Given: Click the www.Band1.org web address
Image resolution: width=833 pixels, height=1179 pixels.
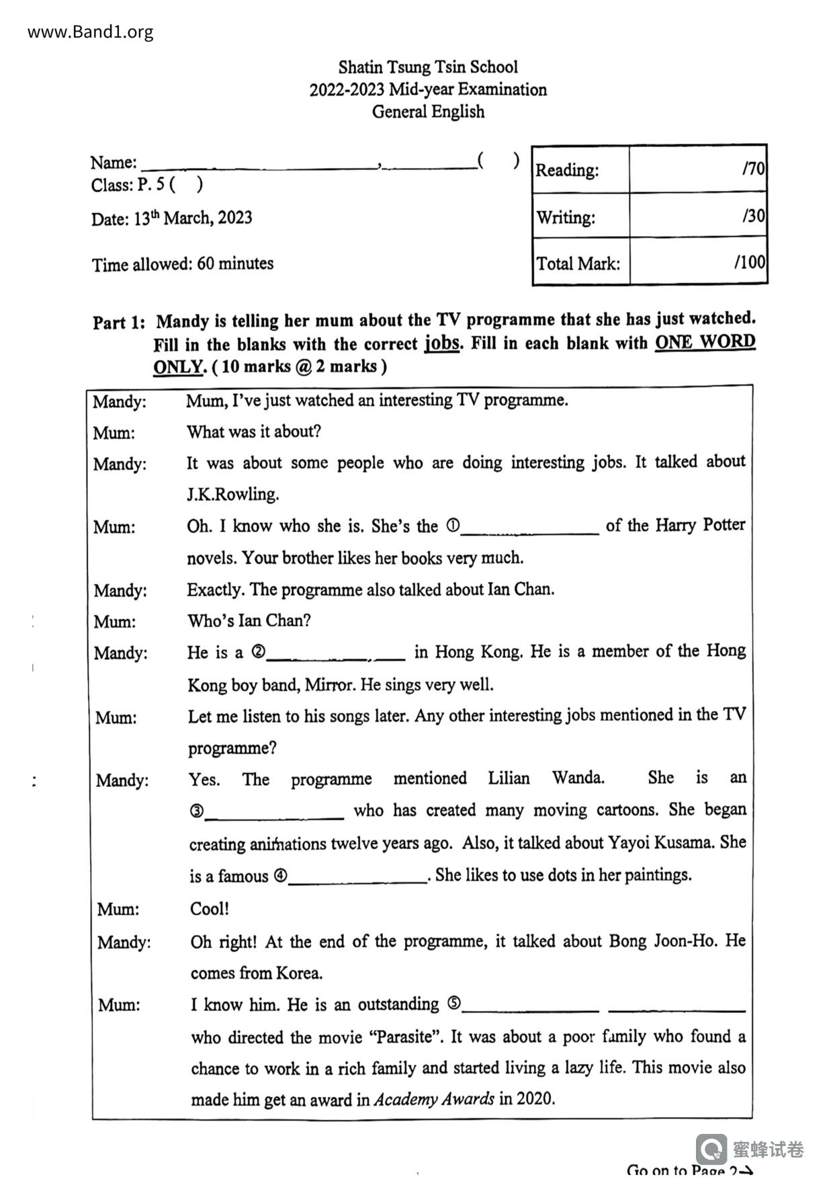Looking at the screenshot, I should (x=90, y=32).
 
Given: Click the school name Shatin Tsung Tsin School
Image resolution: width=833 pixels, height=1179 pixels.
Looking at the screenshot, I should (x=428, y=67).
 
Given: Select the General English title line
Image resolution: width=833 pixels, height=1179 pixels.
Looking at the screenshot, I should (x=428, y=112).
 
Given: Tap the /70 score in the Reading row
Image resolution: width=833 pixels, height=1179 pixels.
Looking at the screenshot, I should (x=753, y=168).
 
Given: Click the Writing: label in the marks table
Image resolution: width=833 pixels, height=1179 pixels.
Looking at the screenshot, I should (x=566, y=217).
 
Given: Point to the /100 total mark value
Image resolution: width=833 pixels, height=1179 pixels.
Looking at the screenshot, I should (x=750, y=261).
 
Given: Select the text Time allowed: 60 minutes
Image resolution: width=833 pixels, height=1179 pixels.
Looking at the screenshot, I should (x=183, y=263).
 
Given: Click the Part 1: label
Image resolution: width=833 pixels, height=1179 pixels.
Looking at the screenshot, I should (x=118, y=323).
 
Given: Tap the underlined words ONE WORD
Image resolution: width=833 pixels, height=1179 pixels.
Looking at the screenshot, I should (x=705, y=342).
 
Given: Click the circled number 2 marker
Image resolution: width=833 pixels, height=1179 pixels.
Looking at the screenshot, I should (x=259, y=651).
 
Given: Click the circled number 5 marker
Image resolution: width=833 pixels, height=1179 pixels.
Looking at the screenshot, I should (x=454, y=1004).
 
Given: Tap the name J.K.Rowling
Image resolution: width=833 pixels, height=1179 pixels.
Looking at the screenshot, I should (x=232, y=495).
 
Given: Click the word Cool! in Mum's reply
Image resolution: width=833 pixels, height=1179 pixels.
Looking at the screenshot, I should (x=210, y=909).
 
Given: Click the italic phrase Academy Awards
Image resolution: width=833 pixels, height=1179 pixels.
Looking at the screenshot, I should (x=434, y=1099).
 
